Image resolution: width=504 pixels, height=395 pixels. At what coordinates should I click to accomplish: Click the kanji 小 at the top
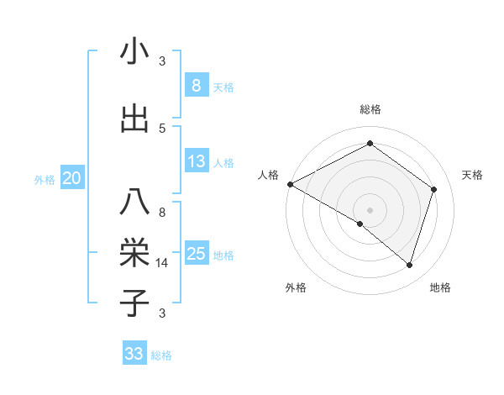[x=134, y=52]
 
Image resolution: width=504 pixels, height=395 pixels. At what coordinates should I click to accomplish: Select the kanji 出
[x=134, y=118]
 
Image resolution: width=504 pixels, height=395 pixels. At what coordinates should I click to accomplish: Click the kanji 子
[x=134, y=302]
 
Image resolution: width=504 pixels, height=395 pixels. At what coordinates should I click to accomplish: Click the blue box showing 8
[x=196, y=85]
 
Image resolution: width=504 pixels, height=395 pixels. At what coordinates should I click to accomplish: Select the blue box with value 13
[x=196, y=161]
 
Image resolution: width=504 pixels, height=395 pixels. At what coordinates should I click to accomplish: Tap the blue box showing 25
[x=196, y=254]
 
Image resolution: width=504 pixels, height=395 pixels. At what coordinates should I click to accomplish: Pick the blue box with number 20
[x=71, y=178]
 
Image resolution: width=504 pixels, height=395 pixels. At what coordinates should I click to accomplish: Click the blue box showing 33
[x=134, y=354]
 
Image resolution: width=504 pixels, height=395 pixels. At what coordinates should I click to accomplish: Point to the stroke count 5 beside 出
[x=162, y=129]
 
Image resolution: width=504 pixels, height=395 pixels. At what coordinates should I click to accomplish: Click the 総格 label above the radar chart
[x=370, y=109]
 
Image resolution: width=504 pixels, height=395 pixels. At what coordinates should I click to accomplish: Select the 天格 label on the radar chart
[x=473, y=175]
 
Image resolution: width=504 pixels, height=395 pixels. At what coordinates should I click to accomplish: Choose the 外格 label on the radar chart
[x=295, y=288]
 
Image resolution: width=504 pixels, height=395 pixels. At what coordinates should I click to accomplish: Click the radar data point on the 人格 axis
[x=290, y=184]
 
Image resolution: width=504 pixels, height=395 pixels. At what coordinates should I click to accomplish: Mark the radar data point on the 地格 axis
[x=409, y=265]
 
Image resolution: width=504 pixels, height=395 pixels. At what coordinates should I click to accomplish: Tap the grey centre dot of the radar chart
[x=370, y=209]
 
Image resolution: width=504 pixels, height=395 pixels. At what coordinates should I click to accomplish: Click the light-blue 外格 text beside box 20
[x=45, y=179]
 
